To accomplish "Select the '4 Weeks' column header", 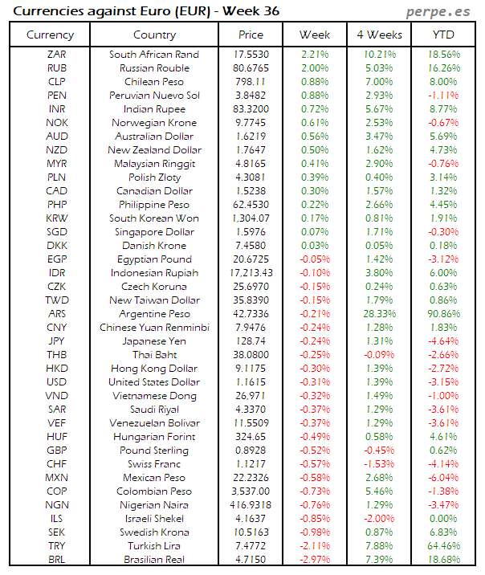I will coord(378,35).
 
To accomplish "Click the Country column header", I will coord(155,35).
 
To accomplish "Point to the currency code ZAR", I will coord(56,55).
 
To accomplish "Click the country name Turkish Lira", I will coord(155,546).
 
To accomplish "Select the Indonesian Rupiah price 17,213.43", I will coord(251,273).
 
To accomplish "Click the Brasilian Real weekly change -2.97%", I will coord(315,560).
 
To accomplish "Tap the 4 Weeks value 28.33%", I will coord(378,314).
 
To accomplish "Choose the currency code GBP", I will coord(56,451).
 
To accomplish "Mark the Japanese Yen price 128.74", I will coord(251,341).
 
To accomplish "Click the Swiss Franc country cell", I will coord(155,464).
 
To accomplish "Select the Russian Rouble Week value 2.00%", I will coord(315,68).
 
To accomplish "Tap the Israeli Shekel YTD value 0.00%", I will coord(443,519).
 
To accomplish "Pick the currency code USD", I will coord(56,382).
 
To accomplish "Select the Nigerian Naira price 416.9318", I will coord(251,505).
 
